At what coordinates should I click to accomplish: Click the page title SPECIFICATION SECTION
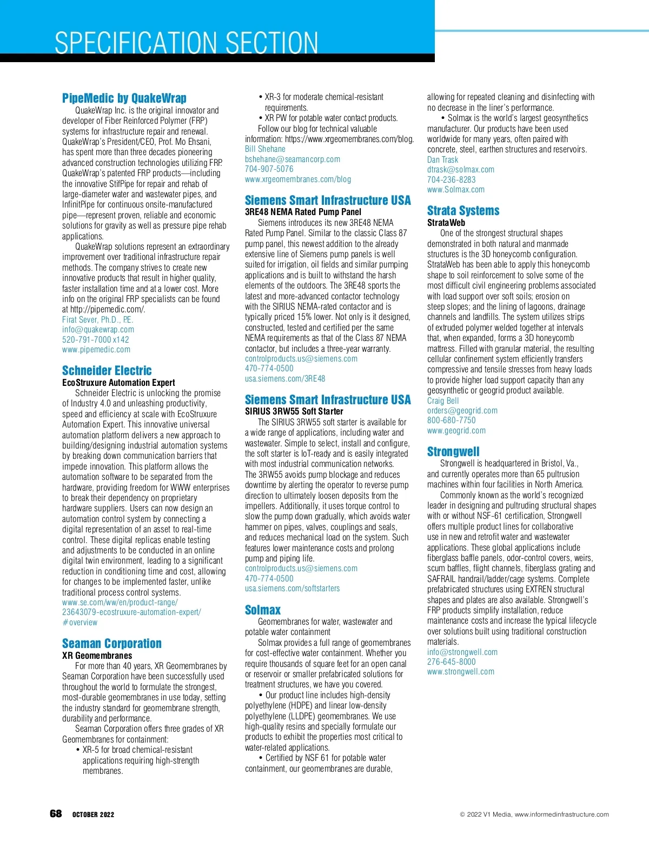(x=187, y=43)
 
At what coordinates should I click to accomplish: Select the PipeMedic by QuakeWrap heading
(x=124, y=98)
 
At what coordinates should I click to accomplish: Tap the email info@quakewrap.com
(x=98, y=329)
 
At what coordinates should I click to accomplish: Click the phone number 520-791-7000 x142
(x=96, y=339)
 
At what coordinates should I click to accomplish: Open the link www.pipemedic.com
(x=96, y=350)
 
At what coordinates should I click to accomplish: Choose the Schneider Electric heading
(x=107, y=370)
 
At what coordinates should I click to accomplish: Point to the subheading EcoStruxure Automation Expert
(x=118, y=382)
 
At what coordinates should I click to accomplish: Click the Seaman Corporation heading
(x=112, y=643)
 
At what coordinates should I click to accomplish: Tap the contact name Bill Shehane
(x=265, y=149)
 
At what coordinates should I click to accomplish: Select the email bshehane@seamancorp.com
(x=293, y=159)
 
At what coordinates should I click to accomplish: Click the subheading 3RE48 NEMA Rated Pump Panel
(x=303, y=212)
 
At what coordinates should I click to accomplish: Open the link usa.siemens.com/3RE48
(x=285, y=378)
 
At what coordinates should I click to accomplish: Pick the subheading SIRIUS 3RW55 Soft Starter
(x=294, y=411)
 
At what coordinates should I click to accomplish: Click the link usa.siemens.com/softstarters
(x=292, y=588)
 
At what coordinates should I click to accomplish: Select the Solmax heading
(x=263, y=610)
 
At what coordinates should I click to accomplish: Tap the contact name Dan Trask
(x=442, y=159)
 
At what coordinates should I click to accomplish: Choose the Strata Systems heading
(x=463, y=210)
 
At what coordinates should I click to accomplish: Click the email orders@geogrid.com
(x=462, y=410)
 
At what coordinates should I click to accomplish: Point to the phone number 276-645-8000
(x=452, y=661)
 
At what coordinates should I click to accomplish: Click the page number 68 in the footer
(x=56, y=814)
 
